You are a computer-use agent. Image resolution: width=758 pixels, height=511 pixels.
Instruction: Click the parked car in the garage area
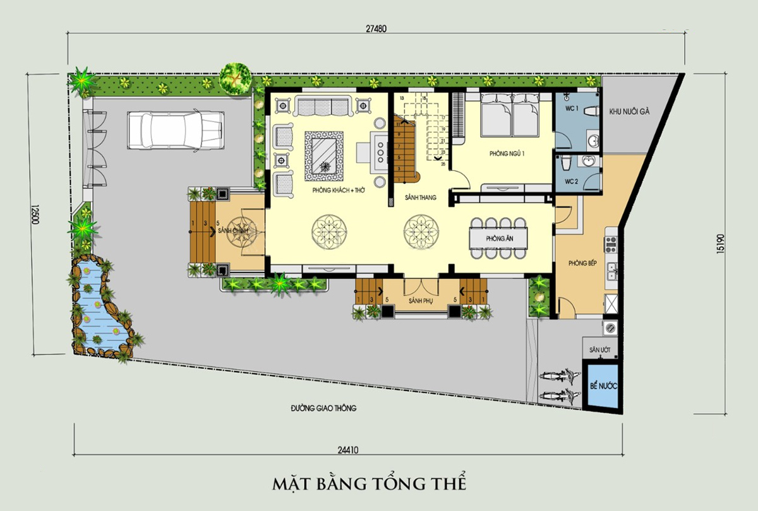[x=175, y=130]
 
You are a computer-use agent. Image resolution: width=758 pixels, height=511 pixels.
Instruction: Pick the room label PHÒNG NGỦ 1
[x=507, y=154]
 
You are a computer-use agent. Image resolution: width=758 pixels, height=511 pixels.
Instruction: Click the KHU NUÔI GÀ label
[x=629, y=112]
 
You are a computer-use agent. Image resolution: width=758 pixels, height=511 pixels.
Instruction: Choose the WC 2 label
[x=572, y=182]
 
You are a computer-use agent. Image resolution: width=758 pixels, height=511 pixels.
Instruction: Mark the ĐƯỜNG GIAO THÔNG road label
[x=323, y=408]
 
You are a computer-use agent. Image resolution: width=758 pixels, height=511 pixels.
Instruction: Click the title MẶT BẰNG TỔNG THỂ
[x=370, y=484]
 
